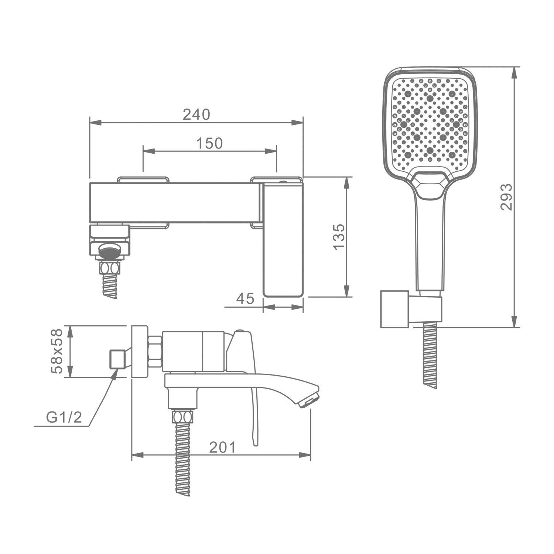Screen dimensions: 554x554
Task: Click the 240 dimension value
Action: point(196,114)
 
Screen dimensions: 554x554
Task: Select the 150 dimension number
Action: point(209,143)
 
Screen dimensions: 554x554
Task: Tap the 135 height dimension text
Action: point(339,237)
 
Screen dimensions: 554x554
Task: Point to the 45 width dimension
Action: point(245,298)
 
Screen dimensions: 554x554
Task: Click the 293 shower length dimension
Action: point(506,197)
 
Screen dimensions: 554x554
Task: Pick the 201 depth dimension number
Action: point(222,447)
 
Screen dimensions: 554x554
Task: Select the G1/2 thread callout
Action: point(64,417)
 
